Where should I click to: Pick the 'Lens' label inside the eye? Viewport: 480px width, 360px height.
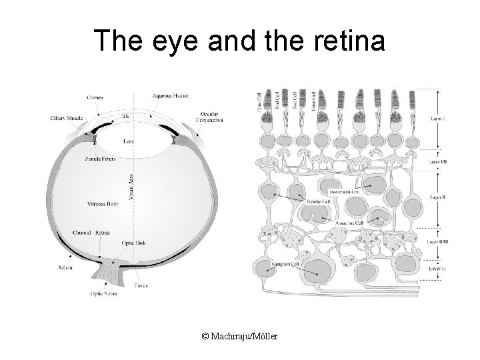(129, 141)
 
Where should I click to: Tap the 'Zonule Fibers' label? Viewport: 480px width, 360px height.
(101, 161)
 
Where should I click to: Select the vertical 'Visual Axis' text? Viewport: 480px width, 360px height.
(131, 185)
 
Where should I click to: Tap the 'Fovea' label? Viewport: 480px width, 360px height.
(141, 285)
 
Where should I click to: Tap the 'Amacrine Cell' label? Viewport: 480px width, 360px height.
(349, 223)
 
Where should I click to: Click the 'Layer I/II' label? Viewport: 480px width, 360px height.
(437, 162)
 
